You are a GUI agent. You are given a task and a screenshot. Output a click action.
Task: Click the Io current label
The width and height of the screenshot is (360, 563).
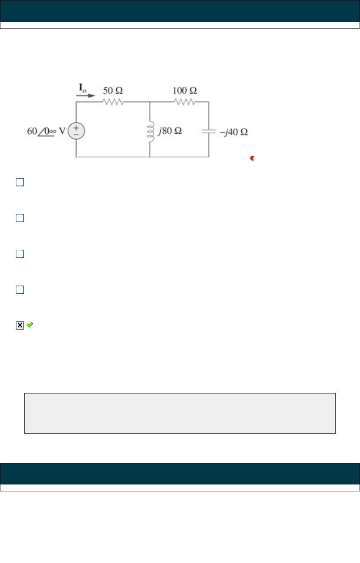tap(81, 89)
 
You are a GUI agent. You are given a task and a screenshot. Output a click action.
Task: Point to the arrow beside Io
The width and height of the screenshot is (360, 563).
tap(86, 96)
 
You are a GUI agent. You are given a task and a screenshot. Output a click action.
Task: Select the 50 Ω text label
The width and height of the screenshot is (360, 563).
tap(113, 91)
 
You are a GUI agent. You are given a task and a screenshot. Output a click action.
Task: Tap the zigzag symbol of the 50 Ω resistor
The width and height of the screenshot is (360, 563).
tap(113, 102)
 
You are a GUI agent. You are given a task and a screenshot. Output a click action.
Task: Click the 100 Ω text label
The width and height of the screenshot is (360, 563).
tap(185, 91)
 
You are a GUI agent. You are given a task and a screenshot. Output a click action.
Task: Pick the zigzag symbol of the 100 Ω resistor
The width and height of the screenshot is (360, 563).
tap(185, 102)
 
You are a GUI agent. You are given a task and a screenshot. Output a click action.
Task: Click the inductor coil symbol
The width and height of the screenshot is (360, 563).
tap(150, 130)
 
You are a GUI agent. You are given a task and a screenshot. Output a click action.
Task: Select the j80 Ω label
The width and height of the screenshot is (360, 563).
tap(170, 131)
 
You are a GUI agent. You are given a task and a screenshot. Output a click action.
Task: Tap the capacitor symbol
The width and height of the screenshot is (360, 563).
tap(209, 131)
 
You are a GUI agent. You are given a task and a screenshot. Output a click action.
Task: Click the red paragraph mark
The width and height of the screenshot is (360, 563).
tap(252, 159)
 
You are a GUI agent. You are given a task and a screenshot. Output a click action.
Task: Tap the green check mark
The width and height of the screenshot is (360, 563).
tap(30, 325)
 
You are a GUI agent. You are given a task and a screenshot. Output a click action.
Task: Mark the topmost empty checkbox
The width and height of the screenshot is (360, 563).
tap(19, 182)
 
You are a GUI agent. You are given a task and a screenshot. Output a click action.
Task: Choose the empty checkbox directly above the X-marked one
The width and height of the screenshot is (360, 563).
tap(19, 290)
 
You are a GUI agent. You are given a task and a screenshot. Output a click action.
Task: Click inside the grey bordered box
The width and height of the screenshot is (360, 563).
tap(180, 413)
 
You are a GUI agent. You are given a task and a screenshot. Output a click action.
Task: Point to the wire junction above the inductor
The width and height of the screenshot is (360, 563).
tap(150, 102)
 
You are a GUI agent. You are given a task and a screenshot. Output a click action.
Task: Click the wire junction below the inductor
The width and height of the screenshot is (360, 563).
tap(150, 157)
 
